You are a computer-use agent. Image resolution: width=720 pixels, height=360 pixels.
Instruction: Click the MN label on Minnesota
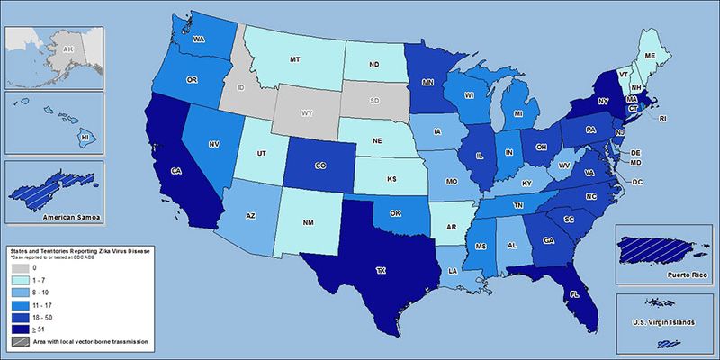pyautogui.click(x=428, y=80)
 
